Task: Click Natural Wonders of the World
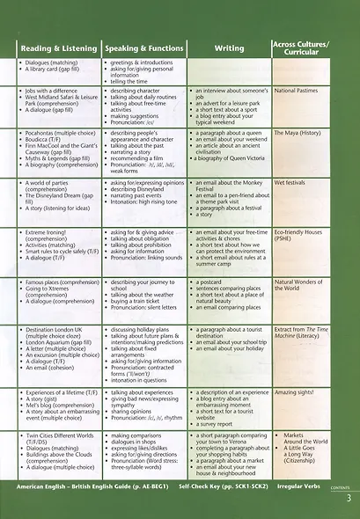(301, 286)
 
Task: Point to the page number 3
(349, 500)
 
